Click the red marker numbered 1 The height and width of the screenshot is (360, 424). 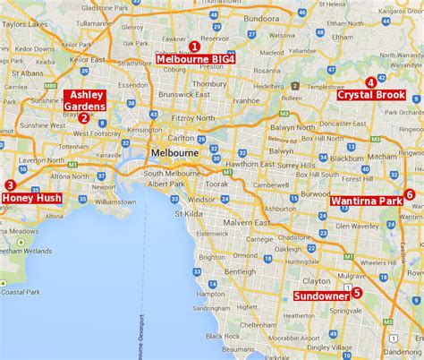click(194, 47)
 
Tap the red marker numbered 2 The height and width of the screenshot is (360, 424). click(83, 117)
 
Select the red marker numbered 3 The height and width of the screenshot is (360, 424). click(9, 185)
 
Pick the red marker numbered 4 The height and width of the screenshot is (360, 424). click(370, 82)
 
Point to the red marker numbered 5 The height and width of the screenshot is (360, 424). click(357, 292)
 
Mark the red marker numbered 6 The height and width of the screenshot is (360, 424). click(409, 194)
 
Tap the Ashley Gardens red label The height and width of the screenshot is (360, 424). click(87, 100)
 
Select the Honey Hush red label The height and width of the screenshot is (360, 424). click(31, 198)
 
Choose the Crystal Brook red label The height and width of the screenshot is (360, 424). click(370, 95)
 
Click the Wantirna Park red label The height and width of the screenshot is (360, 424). click(366, 201)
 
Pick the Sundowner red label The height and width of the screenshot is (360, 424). click(321, 293)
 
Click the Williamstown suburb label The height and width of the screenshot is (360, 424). click(119, 202)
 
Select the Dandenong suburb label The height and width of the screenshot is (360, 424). click(399, 339)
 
